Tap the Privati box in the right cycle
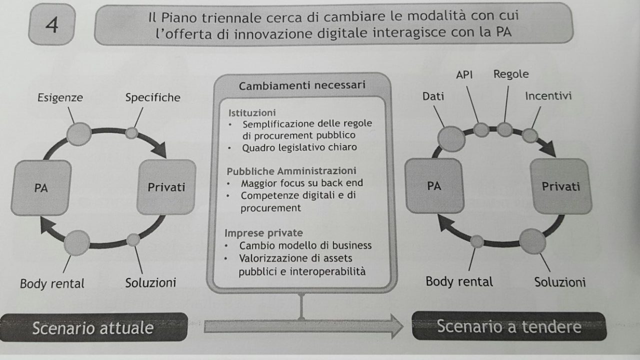tap(561, 186)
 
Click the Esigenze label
tap(60, 98)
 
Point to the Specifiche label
tap(152, 97)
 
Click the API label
tap(464, 74)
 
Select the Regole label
tap(510, 74)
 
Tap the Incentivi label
tap(548, 95)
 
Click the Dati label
tap(433, 96)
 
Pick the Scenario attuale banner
tap(93, 327)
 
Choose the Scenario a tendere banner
tap(508, 326)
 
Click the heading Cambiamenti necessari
tap(302, 85)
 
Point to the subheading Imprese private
tap(263, 233)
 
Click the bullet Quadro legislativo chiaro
tap(299, 147)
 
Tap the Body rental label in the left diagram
tap(52, 283)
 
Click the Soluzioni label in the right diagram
tap(559, 282)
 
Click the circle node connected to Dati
tap(451, 138)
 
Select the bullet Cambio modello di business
tap(305, 245)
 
